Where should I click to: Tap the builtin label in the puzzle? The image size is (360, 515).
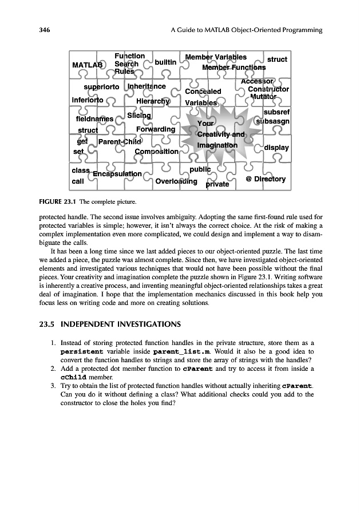point(165,61)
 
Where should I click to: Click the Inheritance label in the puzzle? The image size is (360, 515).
point(147,86)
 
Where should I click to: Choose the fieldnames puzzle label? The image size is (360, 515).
point(94,119)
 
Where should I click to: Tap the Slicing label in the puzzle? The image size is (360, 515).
point(139,116)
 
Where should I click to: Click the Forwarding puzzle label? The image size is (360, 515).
point(156,129)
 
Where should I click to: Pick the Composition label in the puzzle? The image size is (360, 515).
point(156,152)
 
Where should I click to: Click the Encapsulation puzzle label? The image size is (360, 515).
point(117,173)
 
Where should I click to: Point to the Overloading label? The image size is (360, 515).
point(176,181)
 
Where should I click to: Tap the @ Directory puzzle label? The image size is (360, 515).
point(265,179)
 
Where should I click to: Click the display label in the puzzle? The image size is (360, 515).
point(276,148)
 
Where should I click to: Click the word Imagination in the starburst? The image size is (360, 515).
point(217,145)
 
